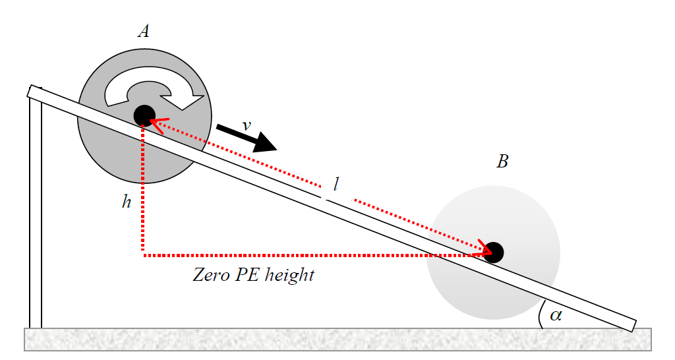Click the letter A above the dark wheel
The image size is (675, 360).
[143, 30]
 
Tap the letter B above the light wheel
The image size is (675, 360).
[502, 162]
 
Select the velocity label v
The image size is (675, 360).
[246, 125]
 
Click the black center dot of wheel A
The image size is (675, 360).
[144, 115]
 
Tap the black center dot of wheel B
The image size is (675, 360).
[494, 252]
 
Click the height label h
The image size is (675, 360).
[127, 202]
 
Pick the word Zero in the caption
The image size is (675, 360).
[209, 275]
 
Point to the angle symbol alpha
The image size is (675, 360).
[556, 315]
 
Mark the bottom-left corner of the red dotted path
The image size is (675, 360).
[143, 253]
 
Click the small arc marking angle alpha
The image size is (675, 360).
[541, 315]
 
